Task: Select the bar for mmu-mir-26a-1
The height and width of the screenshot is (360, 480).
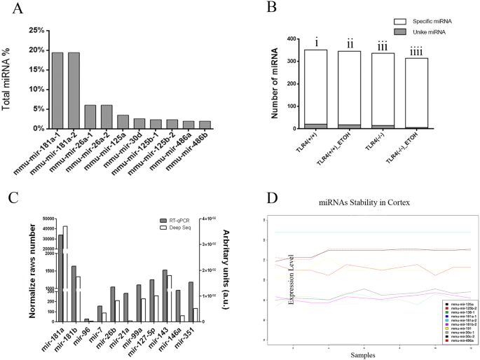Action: pyautogui.click(x=90, y=116)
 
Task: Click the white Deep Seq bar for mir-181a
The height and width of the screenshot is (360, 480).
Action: pyautogui.click(x=65, y=273)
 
